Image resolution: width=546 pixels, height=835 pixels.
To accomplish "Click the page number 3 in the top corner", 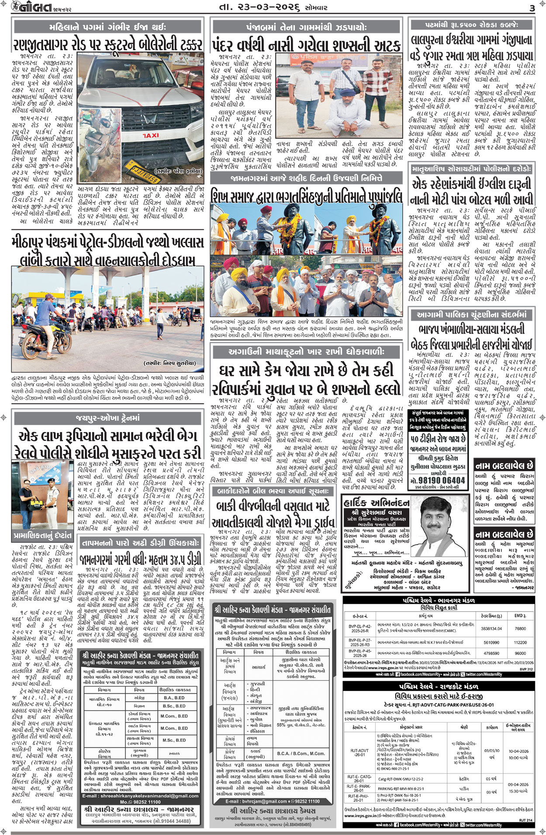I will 532,8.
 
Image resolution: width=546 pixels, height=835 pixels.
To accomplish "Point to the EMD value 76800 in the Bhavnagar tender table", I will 520,629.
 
